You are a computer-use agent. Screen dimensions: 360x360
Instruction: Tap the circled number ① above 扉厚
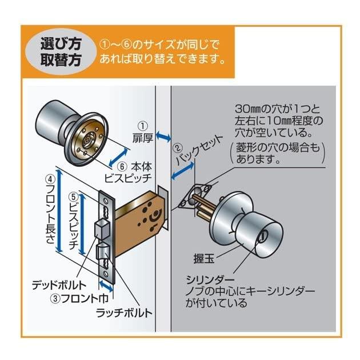coord(143,125)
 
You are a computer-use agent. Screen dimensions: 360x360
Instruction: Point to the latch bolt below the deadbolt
coord(103,252)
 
